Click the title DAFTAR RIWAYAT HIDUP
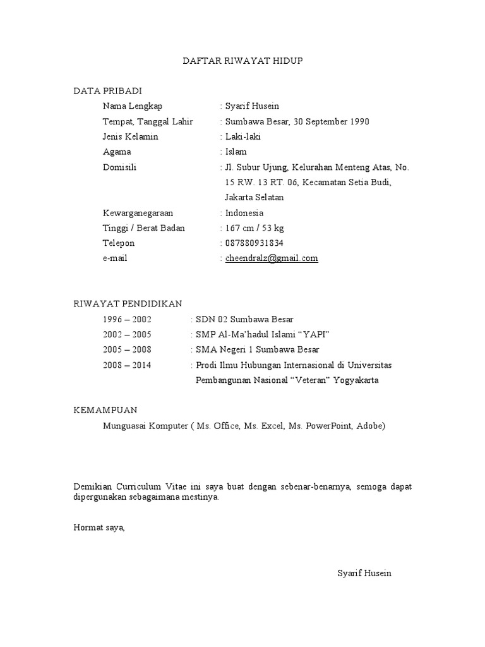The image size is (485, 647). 243,61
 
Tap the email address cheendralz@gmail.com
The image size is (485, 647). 272,258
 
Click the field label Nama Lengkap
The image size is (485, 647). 133,106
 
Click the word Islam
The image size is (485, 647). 236,152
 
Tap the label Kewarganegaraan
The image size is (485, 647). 138,213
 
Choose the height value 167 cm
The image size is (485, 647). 240,228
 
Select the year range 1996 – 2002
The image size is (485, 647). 127,319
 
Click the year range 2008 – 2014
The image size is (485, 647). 127,365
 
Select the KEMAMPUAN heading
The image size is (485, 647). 105,411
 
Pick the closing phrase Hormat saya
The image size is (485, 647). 99,528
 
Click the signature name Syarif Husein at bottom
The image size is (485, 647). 364,573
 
